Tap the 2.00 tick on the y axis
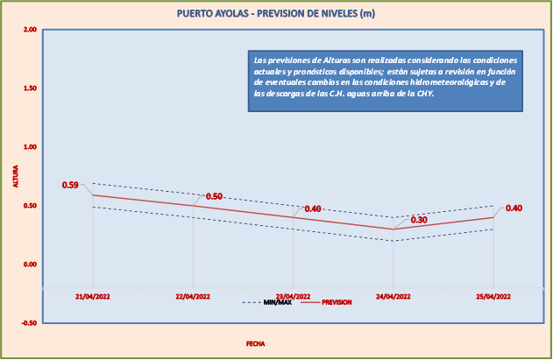click(30, 30)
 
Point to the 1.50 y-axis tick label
click(30, 88)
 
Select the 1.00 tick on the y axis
click(30, 147)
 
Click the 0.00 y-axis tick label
click(30, 265)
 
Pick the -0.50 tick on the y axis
click(28, 323)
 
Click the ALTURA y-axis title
click(15, 176)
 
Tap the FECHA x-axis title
click(255, 344)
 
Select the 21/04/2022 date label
click(93, 297)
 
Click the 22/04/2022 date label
click(193, 297)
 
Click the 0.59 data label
click(70, 185)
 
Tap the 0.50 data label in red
click(214, 196)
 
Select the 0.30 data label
click(419, 220)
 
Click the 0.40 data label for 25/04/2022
click(514, 208)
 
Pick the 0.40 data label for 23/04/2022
click(313, 208)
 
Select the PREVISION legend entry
click(337, 302)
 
